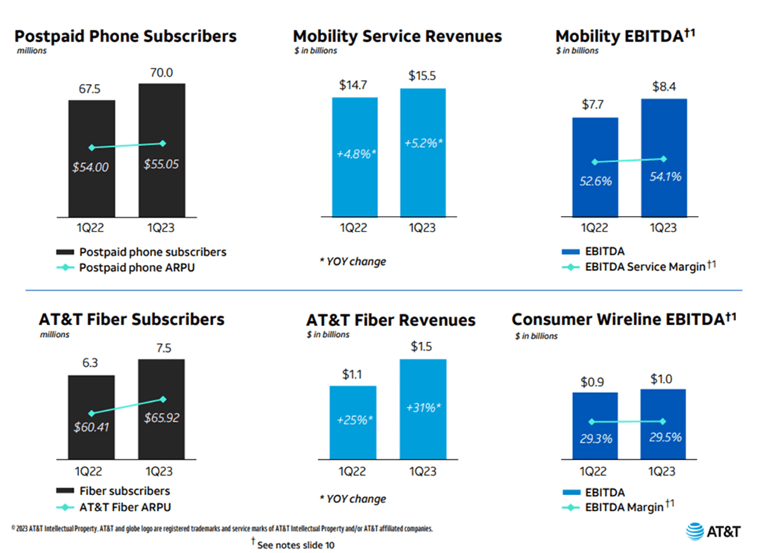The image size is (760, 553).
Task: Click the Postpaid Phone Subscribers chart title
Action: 126,36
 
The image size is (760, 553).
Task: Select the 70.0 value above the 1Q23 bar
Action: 161,73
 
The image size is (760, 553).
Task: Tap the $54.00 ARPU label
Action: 91,167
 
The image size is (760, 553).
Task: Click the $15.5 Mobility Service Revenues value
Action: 423,77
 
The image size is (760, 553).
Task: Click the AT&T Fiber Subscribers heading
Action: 131,319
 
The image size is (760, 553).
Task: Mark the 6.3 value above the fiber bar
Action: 91,364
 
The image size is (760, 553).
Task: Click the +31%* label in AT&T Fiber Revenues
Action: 422,408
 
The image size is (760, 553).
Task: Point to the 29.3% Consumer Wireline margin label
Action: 595,438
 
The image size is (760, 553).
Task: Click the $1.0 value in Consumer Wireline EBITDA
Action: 663,378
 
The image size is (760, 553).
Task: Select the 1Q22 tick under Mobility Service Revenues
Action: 355,227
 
